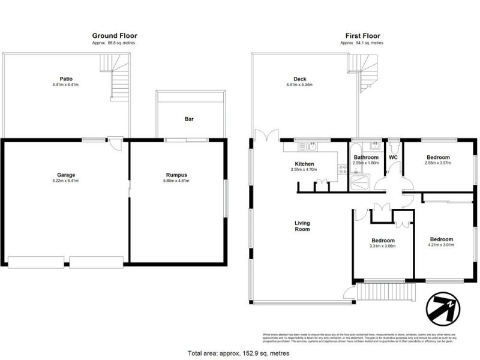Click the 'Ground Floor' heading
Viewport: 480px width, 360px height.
point(114,36)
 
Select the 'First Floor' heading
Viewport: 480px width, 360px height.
point(362,36)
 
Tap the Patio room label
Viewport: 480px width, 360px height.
point(66,79)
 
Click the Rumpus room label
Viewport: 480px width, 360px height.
point(178,175)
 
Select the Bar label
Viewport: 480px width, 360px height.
point(189,119)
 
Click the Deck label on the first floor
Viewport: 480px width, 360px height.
point(300,79)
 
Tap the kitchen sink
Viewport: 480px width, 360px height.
point(311,145)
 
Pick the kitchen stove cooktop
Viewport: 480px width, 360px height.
point(342,172)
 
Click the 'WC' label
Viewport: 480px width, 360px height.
point(394,157)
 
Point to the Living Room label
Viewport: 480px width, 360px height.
point(302,226)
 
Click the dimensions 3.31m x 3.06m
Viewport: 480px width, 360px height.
point(383,246)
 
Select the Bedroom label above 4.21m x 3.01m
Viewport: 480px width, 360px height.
point(441,239)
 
